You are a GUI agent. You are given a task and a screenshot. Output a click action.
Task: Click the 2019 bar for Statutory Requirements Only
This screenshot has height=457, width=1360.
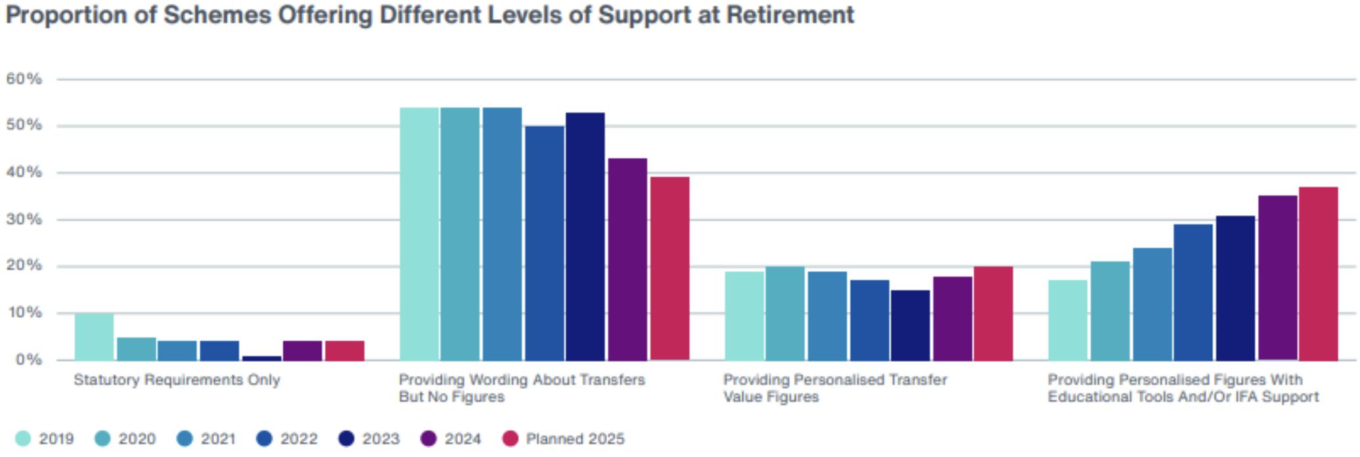pyautogui.click(x=94, y=337)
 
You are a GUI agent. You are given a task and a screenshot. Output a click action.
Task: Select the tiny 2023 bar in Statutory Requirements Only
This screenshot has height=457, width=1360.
pyautogui.click(x=261, y=358)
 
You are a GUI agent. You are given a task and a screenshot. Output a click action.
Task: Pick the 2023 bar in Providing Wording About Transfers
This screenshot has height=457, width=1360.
pyautogui.click(x=585, y=236)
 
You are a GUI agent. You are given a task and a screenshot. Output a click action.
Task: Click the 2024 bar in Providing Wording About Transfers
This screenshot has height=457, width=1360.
pyautogui.click(x=627, y=259)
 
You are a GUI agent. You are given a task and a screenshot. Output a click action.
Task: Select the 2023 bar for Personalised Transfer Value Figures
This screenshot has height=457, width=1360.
pyautogui.click(x=910, y=325)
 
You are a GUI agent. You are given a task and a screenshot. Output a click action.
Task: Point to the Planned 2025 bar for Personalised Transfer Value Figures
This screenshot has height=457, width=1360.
pyautogui.click(x=993, y=313)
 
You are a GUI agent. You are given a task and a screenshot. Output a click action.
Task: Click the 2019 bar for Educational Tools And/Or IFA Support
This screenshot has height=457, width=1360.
pyautogui.click(x=1068, y=320)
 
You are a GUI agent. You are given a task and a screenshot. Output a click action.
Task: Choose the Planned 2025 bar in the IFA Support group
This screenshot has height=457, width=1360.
pyautogui.click(x=1318, y=274)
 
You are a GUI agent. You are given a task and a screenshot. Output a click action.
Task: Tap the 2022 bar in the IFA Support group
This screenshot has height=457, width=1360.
pyautogui.click(x=1193, y=292)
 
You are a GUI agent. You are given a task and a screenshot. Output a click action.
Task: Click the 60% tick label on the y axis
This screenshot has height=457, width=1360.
pyautogui.click(x=24, y=79)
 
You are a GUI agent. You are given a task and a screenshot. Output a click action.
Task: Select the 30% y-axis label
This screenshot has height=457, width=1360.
pyautogui.click(x=24, y=219)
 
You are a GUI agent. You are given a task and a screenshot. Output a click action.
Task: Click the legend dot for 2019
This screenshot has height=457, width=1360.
pyautogui.click(x=23, y=439)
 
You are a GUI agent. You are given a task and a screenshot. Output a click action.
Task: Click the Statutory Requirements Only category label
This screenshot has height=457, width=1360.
pyautogui.click(x=177, y=380)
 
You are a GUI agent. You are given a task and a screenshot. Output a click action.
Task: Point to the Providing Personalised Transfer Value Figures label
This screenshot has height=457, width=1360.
pyautogui.click(x=835, y=388)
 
